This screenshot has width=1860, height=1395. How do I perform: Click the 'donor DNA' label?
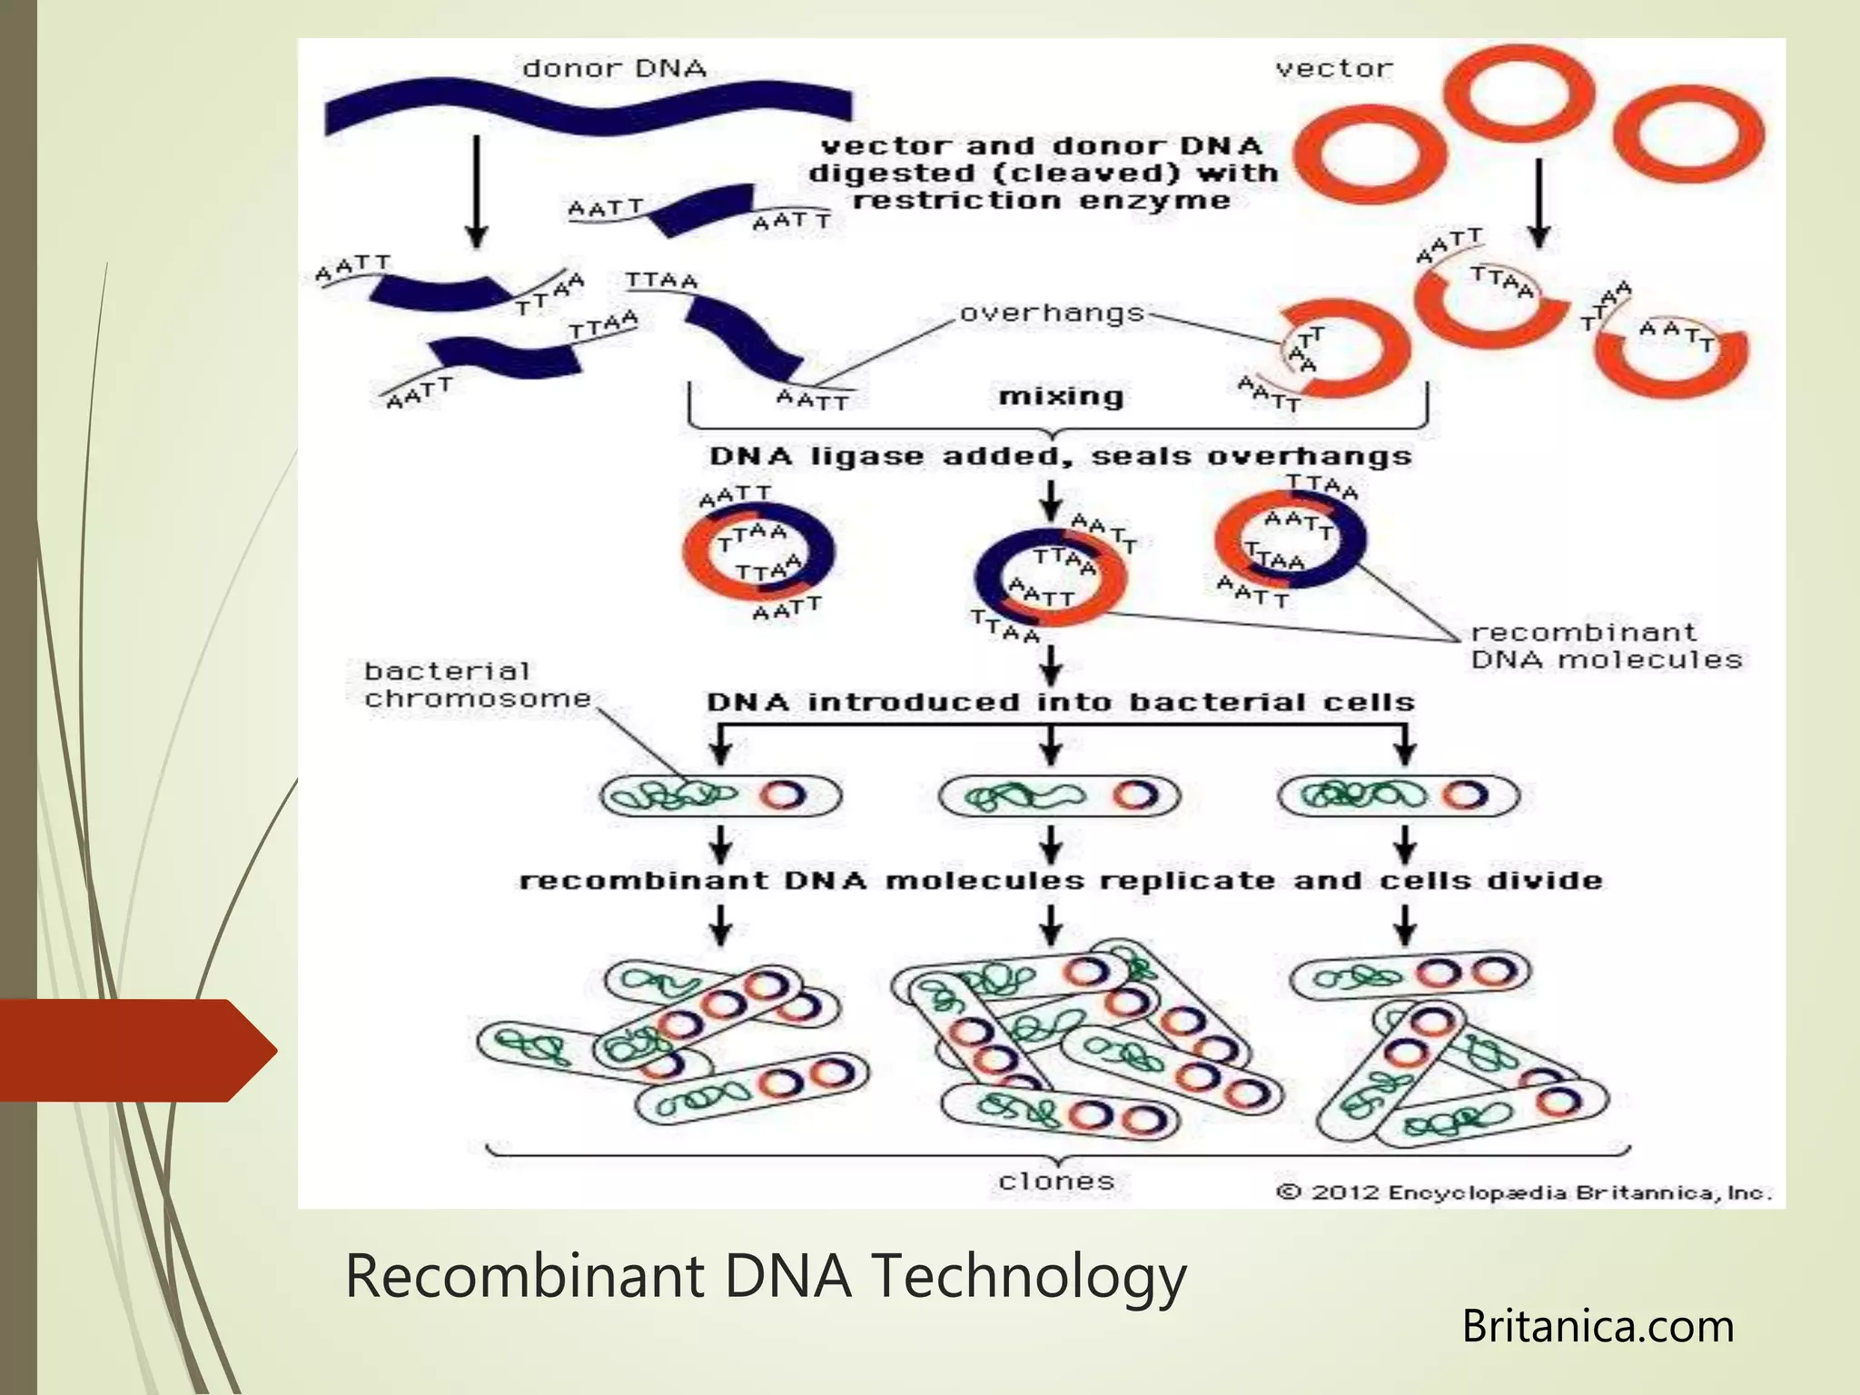point(614,69)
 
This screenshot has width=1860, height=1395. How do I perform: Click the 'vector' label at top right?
point(1333,69)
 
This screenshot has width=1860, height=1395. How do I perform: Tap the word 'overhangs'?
point(1052,313)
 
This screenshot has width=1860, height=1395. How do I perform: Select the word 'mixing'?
point(1061,397)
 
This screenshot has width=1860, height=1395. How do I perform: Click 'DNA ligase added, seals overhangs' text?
point(1061,456)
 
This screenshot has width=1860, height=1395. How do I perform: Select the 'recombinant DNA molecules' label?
point(1606,646)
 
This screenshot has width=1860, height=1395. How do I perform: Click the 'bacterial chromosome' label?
point(478,685)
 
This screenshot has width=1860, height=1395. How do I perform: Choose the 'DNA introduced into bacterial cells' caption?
point(1061,702)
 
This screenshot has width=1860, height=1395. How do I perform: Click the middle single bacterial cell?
point(1059,796)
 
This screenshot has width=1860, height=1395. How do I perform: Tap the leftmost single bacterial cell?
point(720,796)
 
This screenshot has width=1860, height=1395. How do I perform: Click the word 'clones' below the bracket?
point(1055,1181)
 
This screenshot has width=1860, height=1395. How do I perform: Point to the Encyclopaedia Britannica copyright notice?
point(1524,1192)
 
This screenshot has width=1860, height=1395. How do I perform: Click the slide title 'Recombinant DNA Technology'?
point(766,1275)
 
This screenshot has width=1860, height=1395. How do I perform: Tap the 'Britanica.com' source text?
point(1598,1326)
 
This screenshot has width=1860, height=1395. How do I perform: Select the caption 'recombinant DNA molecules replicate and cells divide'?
point(1061,881)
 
